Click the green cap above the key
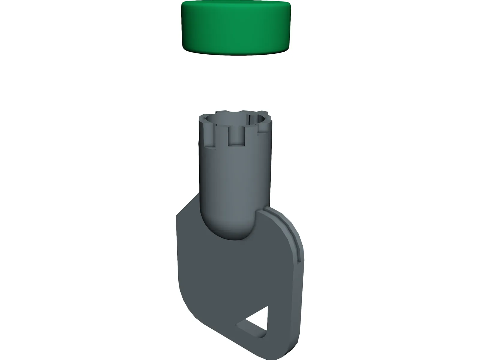[x=236, y=28]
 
